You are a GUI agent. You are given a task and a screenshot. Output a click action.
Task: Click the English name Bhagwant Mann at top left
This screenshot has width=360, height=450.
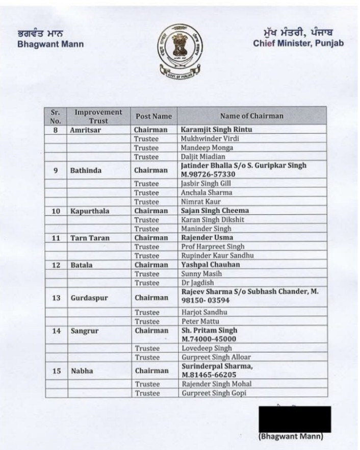(x=50, y=44)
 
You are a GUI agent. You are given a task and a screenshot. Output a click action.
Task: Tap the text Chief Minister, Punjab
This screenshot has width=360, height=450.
(x=298, y=43)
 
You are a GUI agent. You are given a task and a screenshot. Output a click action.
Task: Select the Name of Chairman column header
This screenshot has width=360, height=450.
(x=251, y=116)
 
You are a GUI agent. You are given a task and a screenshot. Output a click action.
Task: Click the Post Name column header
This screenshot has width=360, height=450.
(x=153, y=116)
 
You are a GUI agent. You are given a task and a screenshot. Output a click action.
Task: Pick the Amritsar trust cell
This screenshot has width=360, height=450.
(x=83, y=130)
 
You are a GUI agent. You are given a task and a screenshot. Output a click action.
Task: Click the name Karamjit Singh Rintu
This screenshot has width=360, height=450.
(x=216, y=130)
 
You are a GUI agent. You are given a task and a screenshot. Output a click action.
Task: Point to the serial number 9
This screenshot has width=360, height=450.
(x=56, y=170)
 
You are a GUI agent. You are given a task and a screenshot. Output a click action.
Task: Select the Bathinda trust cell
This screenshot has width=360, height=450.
(x=85, y=170)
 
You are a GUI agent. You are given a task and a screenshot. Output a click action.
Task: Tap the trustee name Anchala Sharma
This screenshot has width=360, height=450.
(x=206, y=193)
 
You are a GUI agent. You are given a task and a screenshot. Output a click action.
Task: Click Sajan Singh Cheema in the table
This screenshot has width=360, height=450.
(x=215, y=211)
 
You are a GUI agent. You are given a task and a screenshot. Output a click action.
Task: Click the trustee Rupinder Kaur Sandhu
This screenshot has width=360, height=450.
(x=217, y=256)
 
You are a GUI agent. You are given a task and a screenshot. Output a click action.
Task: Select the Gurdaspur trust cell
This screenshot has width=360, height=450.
(x=89, y=298)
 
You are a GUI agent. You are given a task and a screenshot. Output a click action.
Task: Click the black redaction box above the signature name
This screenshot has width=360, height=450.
(x=295, y=419)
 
